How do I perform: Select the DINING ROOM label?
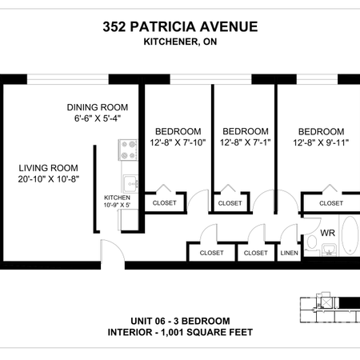(98, 107)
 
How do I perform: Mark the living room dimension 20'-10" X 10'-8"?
(49, 180)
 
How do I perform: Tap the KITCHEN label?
(117, 198)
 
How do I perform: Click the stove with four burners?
(128, 148)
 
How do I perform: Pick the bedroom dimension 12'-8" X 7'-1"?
(244, 143)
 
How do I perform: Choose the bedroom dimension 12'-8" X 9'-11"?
(321, 143)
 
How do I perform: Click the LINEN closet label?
(289, 253)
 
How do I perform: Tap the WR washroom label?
(327, 234)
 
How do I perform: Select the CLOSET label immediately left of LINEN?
(255, 253)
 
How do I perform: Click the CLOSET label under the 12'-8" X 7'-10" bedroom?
(163, 203)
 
